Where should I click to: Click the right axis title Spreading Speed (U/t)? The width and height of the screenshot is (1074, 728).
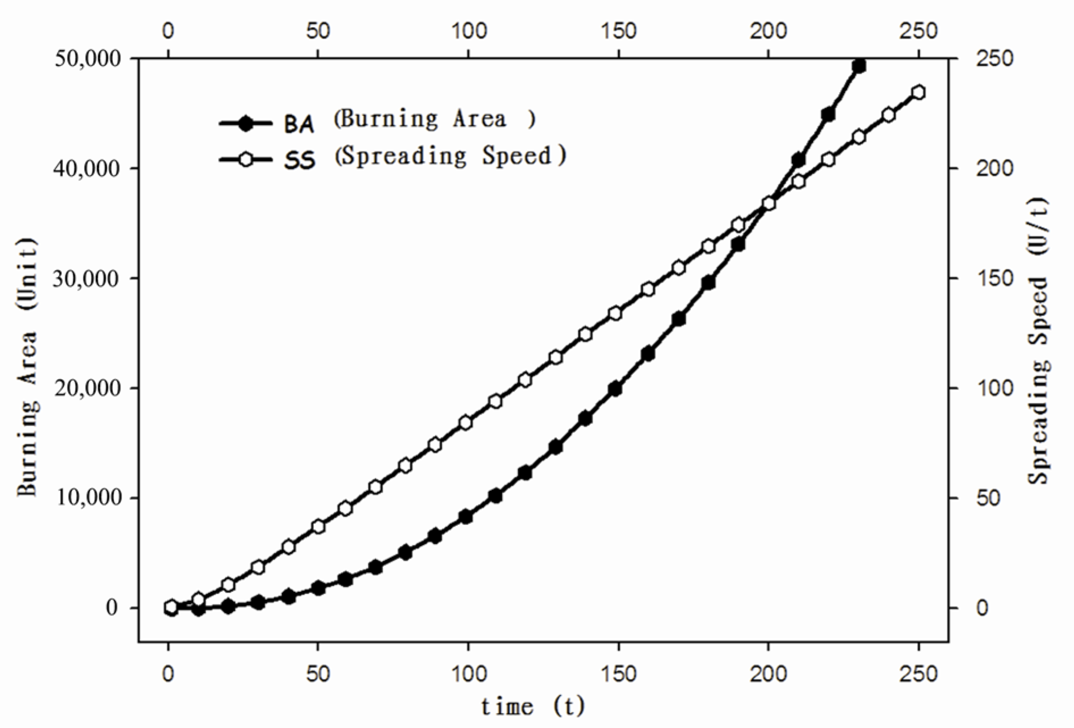1038,340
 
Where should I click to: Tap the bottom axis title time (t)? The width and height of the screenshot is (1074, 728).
532,706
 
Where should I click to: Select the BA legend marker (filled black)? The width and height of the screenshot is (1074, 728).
245,123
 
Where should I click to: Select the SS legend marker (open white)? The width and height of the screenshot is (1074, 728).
245,159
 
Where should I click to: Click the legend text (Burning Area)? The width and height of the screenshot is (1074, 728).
435,119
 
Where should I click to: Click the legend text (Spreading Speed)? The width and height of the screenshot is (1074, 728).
450,155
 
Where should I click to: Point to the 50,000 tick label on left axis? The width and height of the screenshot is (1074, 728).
87,58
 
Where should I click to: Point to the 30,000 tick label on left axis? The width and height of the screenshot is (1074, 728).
87,278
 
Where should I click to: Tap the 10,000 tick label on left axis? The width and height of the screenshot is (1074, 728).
87,498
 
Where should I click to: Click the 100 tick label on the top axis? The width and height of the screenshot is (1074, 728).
468,31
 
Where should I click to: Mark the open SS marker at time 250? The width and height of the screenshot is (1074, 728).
918,92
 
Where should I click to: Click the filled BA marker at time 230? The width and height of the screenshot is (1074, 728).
859,66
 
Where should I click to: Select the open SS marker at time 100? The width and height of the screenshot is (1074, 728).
466,422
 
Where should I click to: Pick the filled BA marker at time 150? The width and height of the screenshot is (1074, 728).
615,389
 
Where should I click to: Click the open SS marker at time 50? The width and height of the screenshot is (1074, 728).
318,526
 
